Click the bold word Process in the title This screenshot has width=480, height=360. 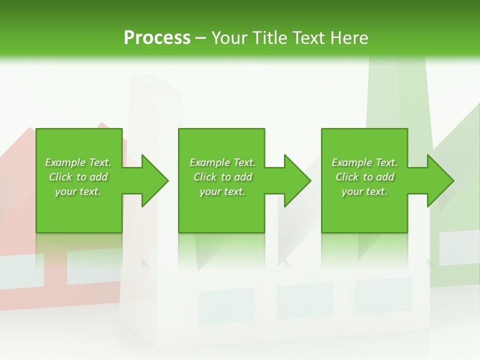tap(157, 37)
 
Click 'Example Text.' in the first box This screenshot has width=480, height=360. tap(78, 162)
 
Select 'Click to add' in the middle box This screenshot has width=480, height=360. tap(222, 177)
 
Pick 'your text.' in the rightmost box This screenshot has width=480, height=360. tap(364, 191)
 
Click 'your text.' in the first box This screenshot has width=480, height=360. tap(78, 191)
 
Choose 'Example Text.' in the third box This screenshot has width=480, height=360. tap(364, 162)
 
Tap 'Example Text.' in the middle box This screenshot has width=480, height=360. tap(222, 162)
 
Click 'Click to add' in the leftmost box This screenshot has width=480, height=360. tap(78, 177)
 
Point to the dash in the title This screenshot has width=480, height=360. tap(200, 38)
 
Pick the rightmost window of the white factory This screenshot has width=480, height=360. tap(384, 295)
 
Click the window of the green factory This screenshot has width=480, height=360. tap(459, 247)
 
